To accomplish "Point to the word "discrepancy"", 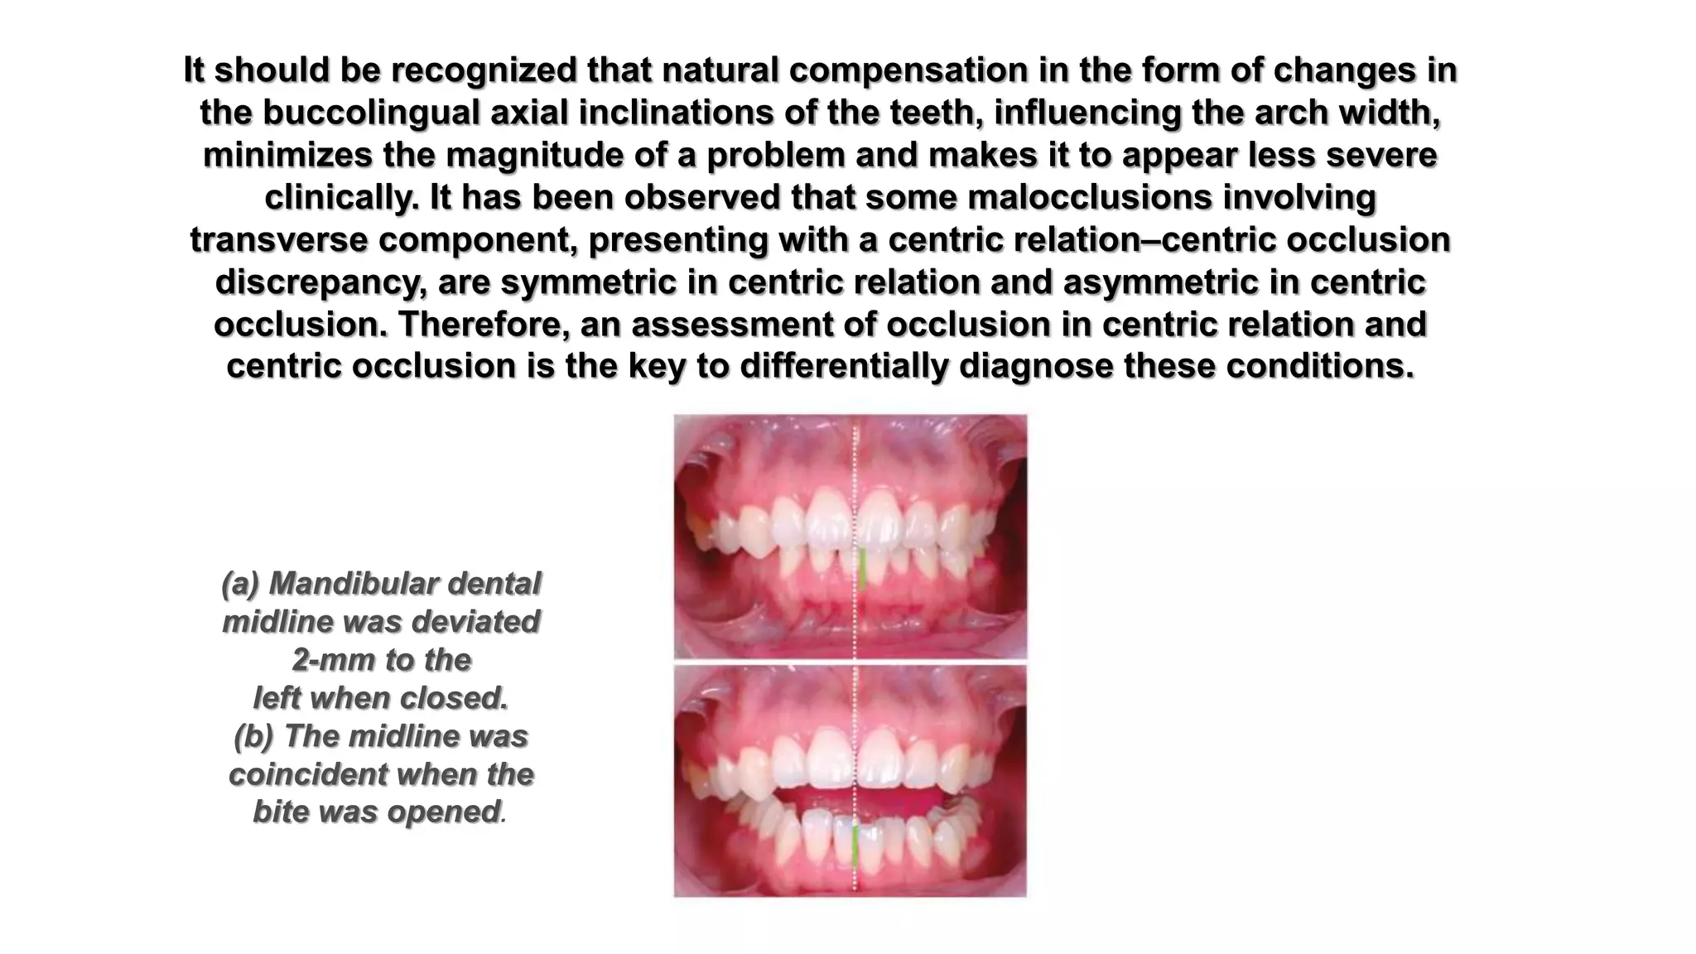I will pyautogui.click(x=320, y=282).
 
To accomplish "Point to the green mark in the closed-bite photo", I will pyautogui.click(x=861, y=569).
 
